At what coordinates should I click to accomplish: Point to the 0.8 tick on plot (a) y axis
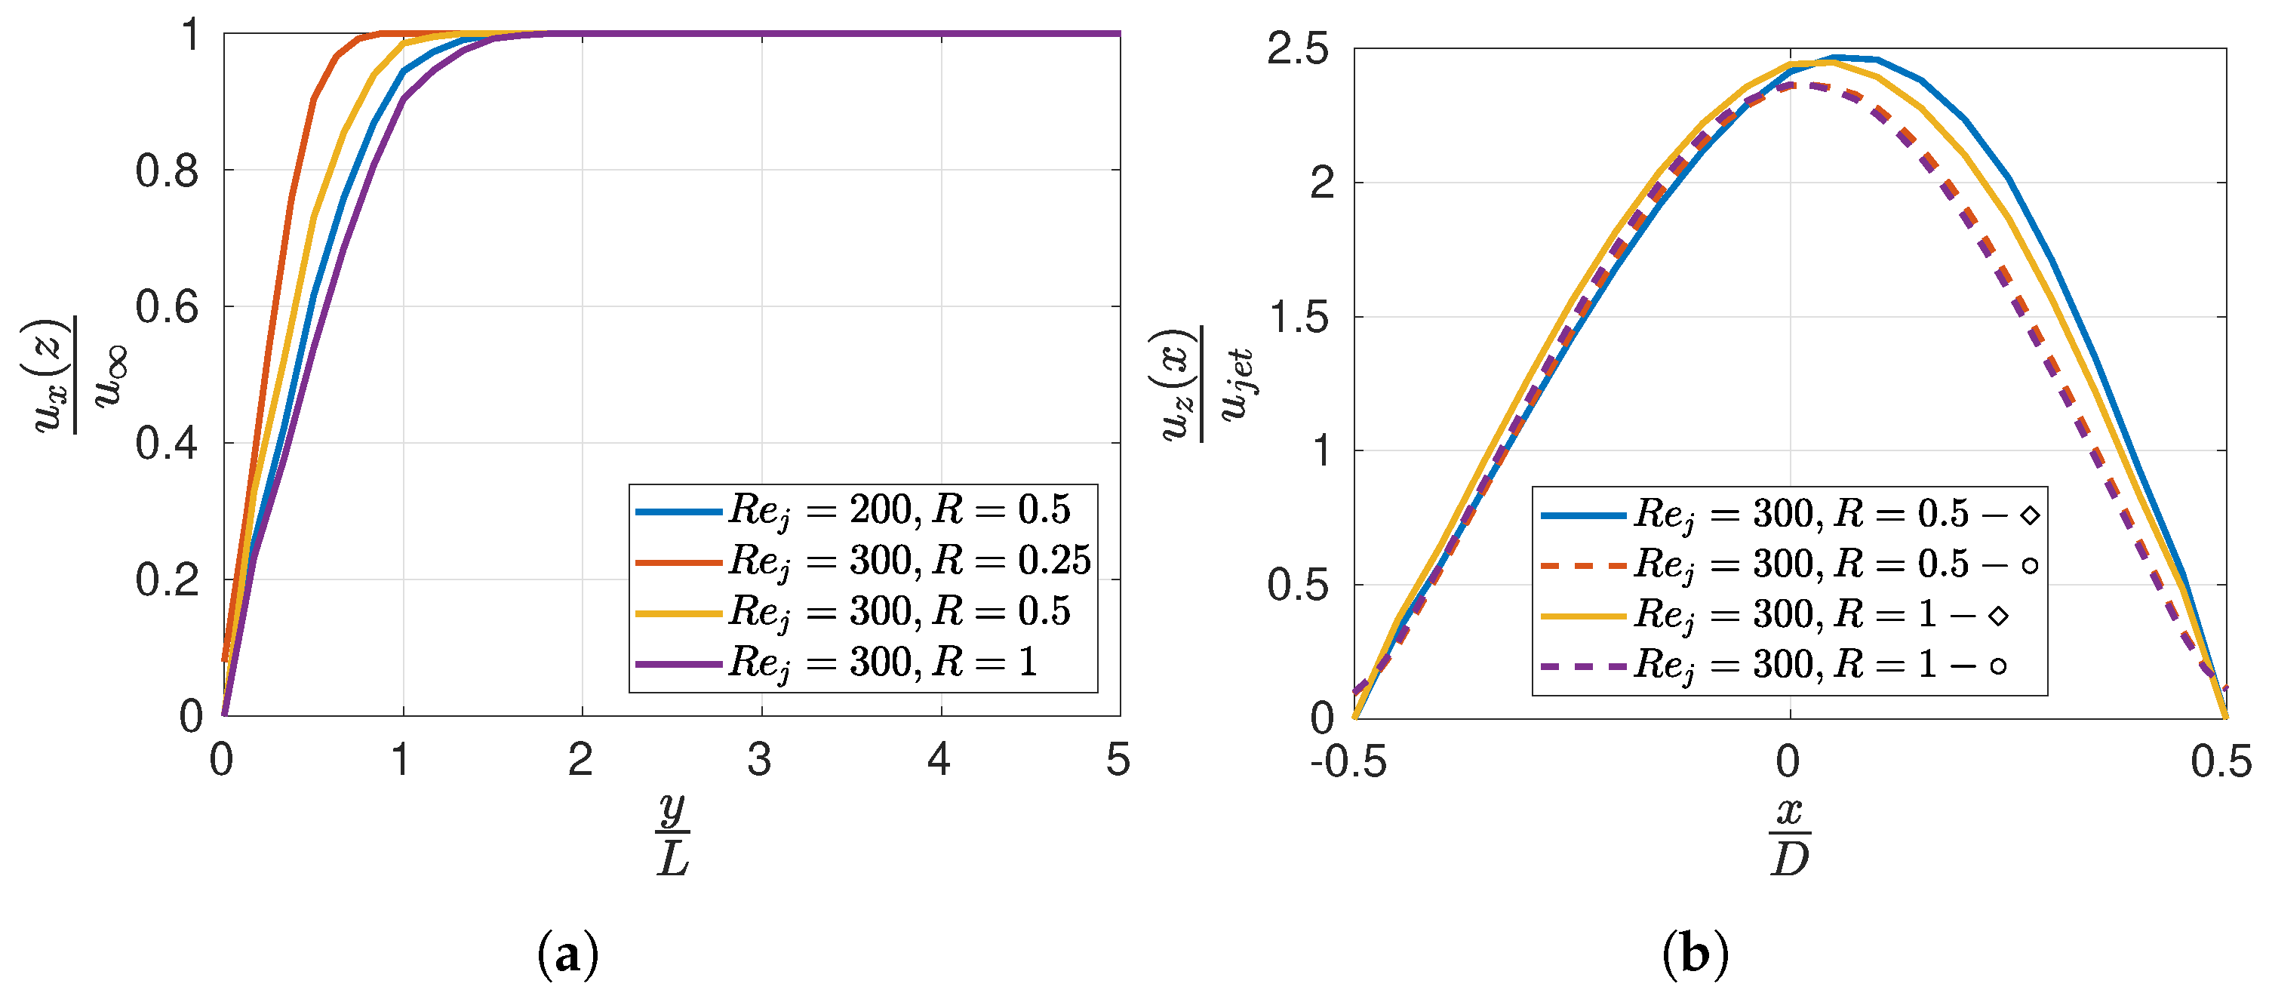[x=168, y=171]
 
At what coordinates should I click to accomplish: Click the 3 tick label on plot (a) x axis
[x=760, y=760]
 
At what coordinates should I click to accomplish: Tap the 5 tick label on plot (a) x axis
[x=1118, y=760]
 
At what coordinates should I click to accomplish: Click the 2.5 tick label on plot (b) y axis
[x=1297, y=49]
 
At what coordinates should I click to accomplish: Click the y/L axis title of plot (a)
[x=673, y=835]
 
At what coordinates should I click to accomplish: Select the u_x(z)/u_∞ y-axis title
[x=75, y=375]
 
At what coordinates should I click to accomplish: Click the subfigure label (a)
[x=567, y=954]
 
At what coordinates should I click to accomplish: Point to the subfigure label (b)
[x=1696, y=954]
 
